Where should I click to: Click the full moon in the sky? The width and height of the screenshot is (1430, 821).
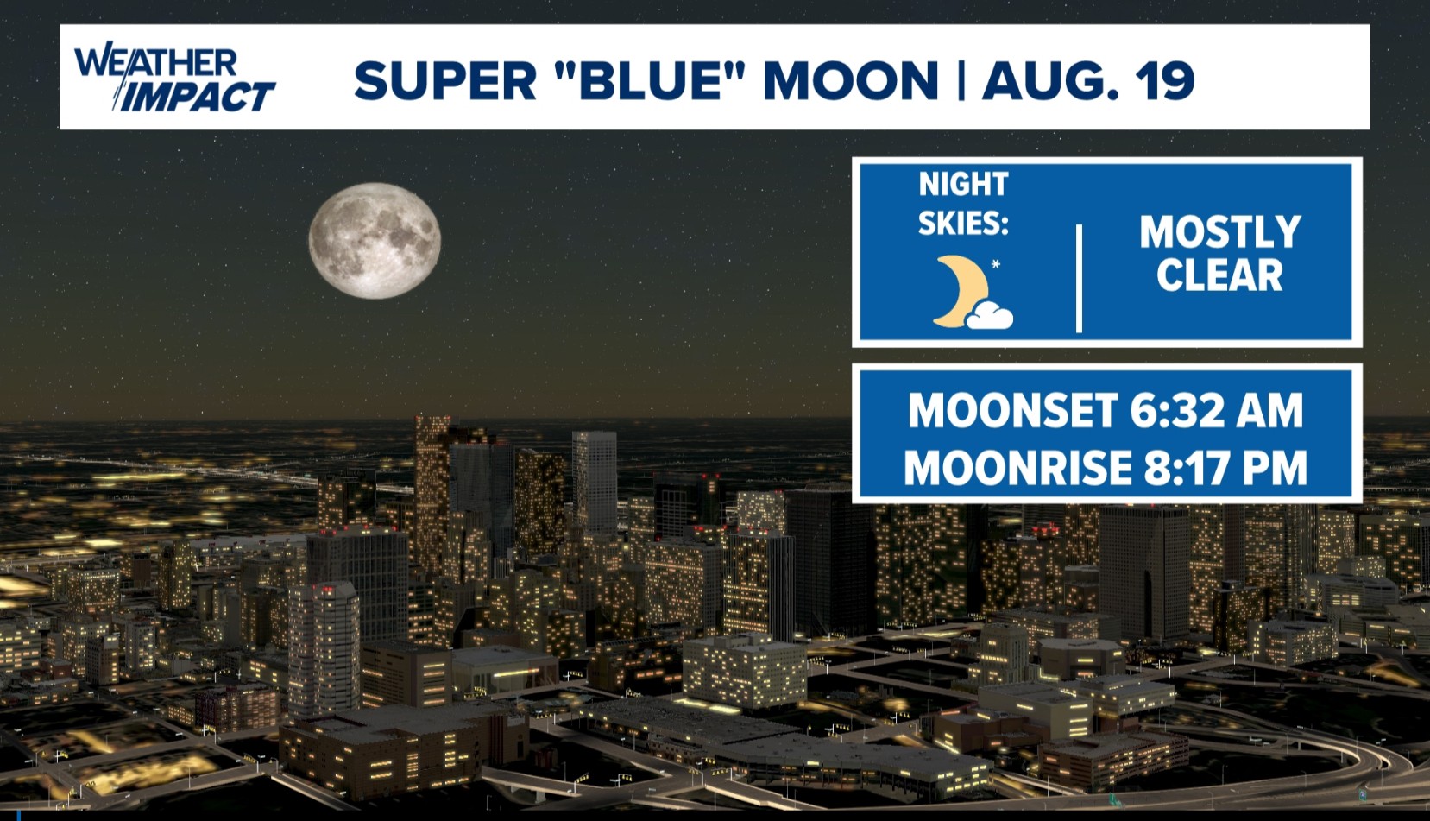[375, 241]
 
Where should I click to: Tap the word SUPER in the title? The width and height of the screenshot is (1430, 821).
[445, 81]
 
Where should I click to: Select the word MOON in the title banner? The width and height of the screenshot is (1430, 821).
[850, 81]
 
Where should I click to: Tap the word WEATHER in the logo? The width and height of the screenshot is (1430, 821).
[155, 62]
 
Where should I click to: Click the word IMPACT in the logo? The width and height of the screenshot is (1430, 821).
[197, 97]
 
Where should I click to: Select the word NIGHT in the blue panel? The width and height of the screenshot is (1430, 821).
[963, 185]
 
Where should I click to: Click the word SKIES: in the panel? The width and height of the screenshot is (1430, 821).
[963, 224]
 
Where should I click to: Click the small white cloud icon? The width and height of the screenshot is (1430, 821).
[990, 316]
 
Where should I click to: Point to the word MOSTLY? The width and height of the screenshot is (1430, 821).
[1219, 231]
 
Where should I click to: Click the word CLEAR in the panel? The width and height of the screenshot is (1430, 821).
[1219, 275]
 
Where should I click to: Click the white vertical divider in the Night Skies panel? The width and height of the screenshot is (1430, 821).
[1079, 278]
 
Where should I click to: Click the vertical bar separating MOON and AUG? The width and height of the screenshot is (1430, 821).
[961, 81]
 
